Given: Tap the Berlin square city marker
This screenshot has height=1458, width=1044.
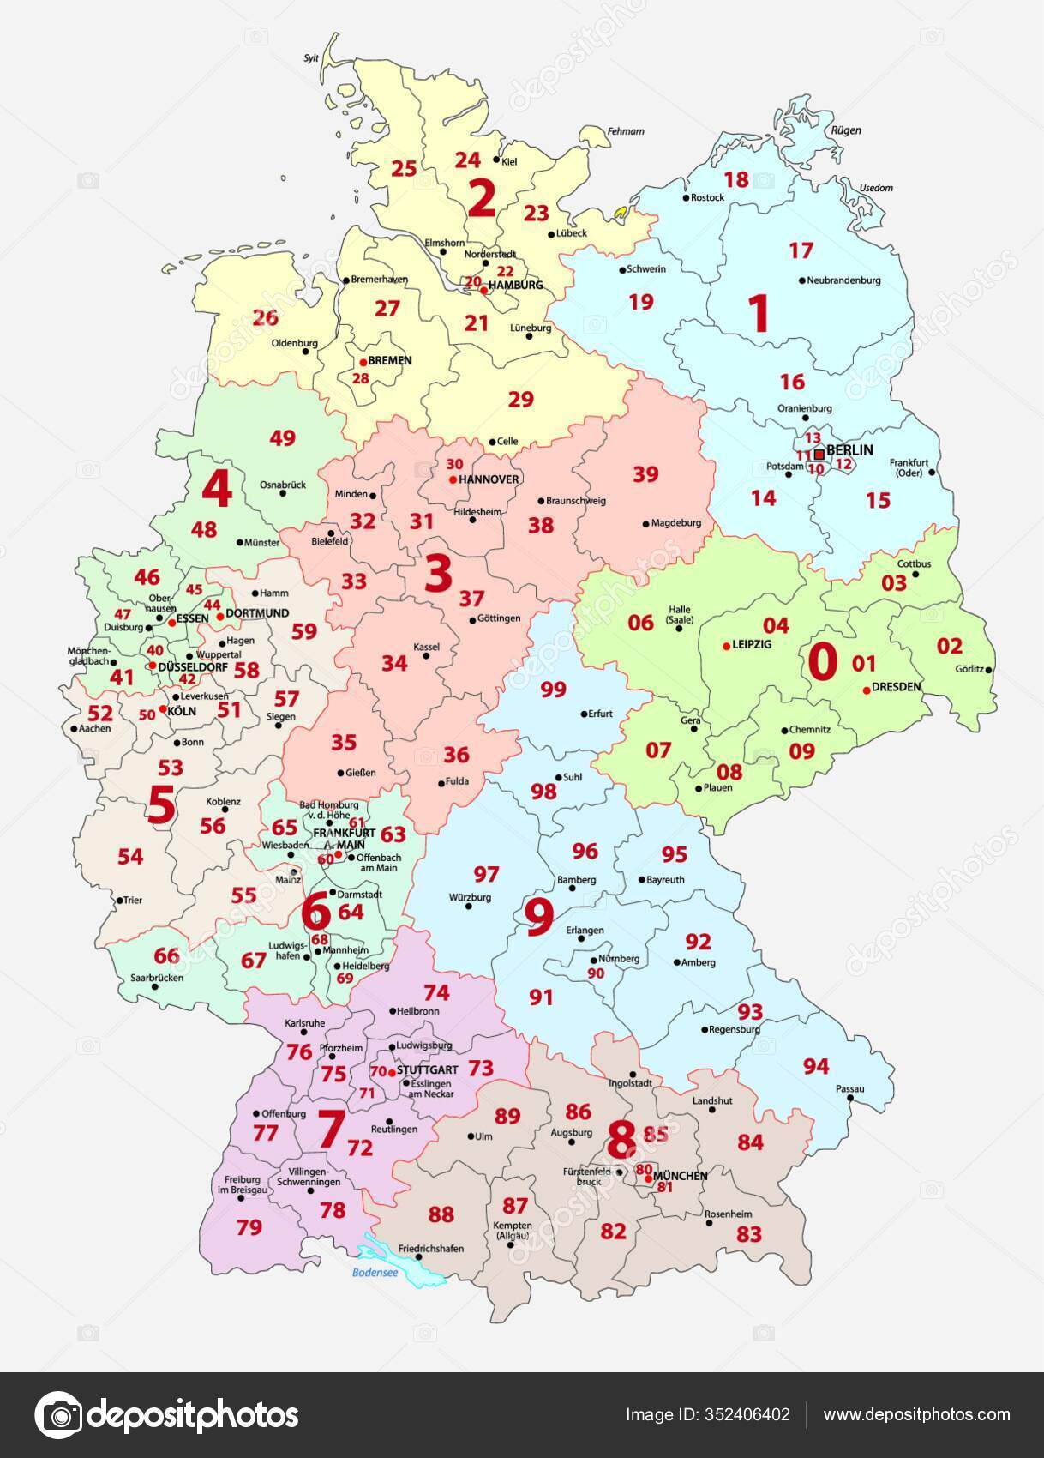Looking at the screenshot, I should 819,453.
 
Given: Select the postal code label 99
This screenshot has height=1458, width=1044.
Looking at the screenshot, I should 554,689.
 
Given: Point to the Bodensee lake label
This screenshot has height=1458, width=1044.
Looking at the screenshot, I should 375,1273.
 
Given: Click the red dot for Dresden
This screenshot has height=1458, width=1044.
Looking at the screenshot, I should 866,690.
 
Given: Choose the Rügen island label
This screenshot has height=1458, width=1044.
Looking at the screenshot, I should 845,130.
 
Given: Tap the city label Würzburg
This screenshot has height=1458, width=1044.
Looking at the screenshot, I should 470,897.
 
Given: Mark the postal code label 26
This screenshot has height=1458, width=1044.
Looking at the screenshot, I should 265,317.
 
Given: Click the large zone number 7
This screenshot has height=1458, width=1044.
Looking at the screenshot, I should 330,1129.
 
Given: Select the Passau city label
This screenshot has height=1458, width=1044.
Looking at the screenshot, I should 849,1088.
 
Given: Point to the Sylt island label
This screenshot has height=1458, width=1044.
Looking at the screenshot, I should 311,58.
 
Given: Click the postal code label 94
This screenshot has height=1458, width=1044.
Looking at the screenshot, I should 816,1066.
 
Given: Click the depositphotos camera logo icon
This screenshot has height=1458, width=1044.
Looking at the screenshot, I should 57,1414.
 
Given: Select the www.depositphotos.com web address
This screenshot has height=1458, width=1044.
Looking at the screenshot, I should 916,1414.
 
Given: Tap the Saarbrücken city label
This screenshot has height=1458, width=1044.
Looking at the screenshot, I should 157,977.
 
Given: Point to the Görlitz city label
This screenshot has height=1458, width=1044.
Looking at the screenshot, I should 969,669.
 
